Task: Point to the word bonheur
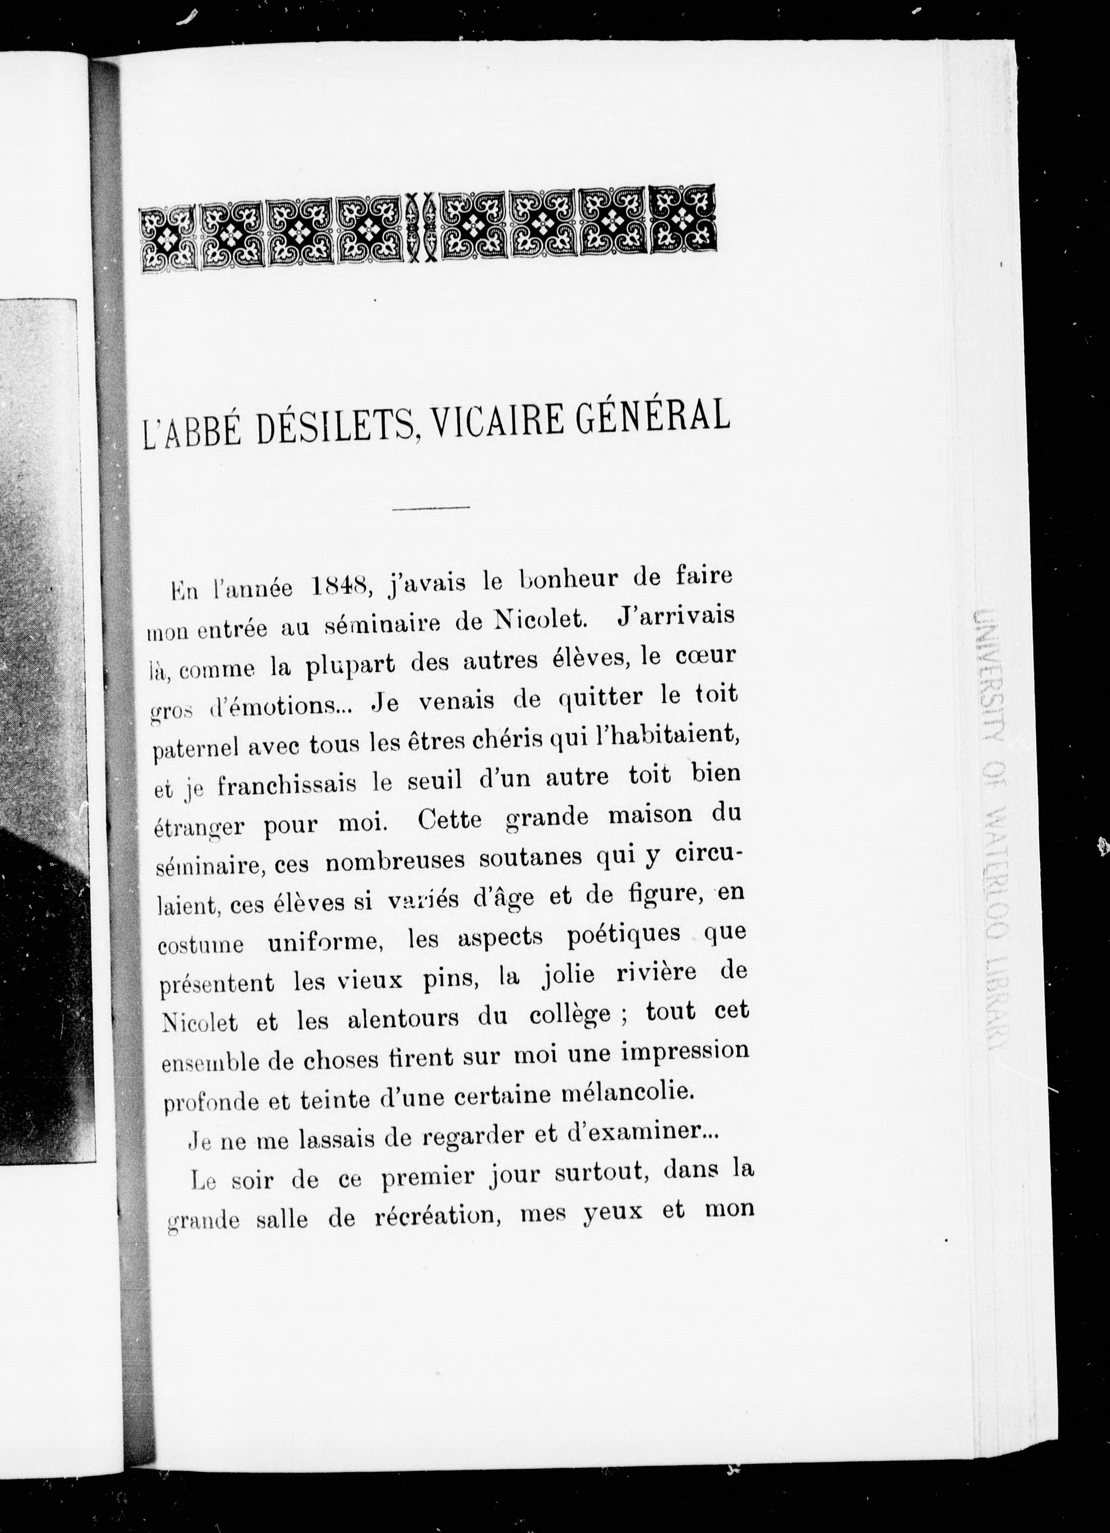575,581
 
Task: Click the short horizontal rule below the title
431,507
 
